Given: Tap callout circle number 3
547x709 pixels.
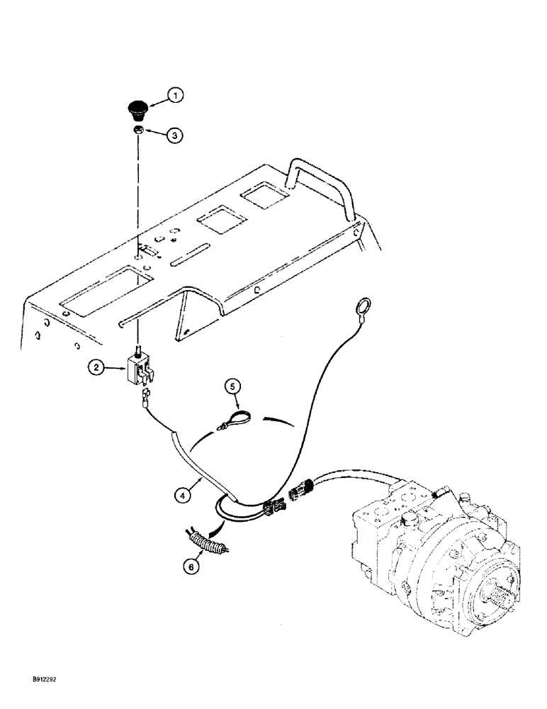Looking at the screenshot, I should [176, 134].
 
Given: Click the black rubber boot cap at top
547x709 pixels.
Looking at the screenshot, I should [136, 110].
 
